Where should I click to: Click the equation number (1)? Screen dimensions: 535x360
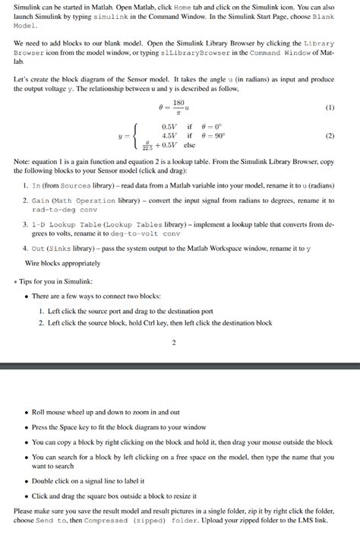coord(329,107)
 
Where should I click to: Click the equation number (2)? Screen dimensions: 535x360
coord(329,137)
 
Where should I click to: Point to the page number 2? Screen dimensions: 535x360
coord(174,342)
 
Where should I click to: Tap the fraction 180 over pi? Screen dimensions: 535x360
coord(179,107)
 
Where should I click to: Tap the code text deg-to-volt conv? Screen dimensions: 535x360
coord(151,233)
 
